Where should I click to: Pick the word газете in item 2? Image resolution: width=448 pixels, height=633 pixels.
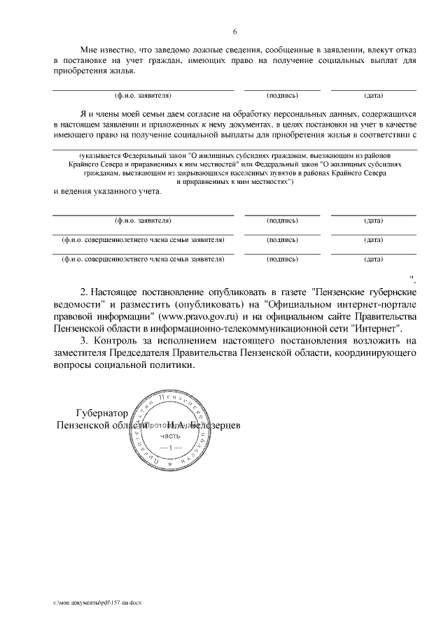point(288,290)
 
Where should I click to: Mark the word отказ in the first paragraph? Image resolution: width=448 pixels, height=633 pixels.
point(403,50)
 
